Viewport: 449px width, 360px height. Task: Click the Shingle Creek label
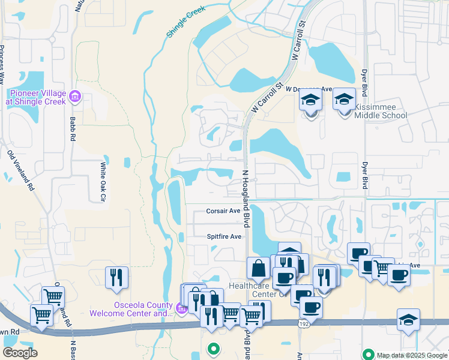(186, 23)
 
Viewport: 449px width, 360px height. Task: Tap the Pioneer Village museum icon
(75, 96)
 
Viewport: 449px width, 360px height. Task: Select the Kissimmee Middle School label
(381, 111)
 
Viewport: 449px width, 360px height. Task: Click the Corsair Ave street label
(223, 211)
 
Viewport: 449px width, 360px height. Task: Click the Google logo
(20, 353)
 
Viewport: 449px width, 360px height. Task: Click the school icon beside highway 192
(408, 319)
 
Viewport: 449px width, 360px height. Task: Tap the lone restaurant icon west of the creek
(116, 277)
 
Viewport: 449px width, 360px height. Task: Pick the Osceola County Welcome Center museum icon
(182, 309)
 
